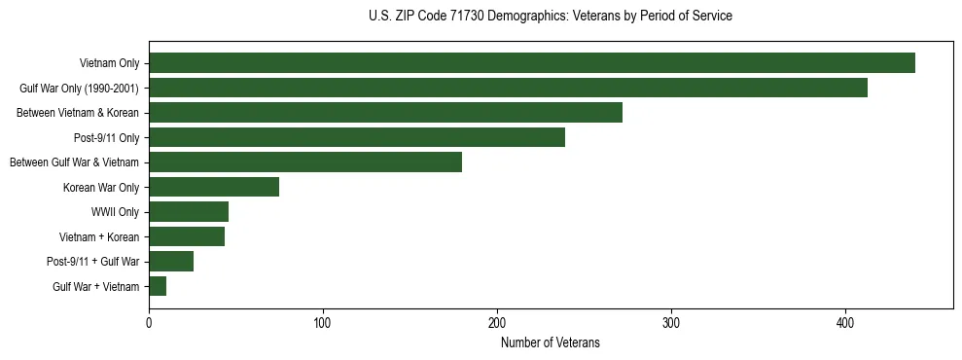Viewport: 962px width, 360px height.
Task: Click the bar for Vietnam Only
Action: (x=531, y=63)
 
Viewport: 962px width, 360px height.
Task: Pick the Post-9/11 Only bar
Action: (x=356, y=137)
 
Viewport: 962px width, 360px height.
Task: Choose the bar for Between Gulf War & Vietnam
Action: (x=305, y=162)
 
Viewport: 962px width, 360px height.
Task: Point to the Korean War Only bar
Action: (x=214, y=187)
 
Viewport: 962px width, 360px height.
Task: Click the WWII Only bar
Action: (x=189, y=211)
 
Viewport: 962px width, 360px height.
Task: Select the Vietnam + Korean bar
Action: (x=187, y=236)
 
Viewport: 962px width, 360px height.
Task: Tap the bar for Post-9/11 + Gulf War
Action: (x=171, y=261)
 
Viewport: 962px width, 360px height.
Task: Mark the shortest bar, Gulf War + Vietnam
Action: (x=158, y=286)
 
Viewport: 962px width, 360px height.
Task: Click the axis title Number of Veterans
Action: (x=551, y=342)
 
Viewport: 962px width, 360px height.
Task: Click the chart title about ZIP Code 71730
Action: (x=551, y=17)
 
